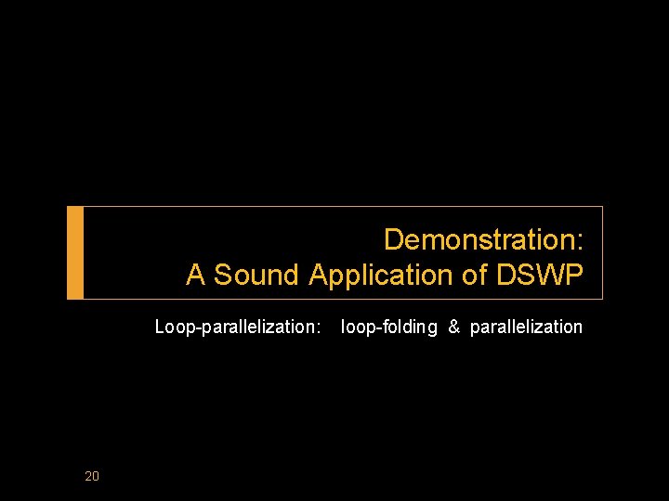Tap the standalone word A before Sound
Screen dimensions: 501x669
pyautogui.click(x=195, y=275)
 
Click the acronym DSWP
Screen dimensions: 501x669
pyautogui.click(x=540, y=275)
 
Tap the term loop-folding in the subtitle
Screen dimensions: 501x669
pyautogui.click(x=389, y=327)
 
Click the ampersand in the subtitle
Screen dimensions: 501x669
pyautogui.click(x=454, y=327)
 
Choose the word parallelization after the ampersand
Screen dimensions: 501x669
pyautogui.click(x=526, y=327)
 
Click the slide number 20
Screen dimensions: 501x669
pyautogui.click(x=91, y=477)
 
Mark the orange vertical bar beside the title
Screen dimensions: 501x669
pyautogui.click(x=75, y=252)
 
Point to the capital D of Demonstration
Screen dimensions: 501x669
pyautogui.click(x=394, y=239)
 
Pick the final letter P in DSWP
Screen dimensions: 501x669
pyautogui.click(x=573, y=275)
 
